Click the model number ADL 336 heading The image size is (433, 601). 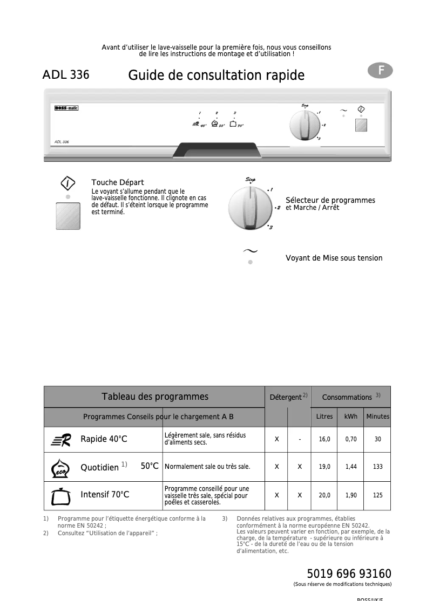click(66, 75)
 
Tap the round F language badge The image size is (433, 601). click(380, 70)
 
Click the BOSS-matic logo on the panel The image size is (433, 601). click(66, 108)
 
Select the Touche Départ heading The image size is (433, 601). click(118, 183)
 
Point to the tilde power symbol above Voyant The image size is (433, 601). click(250, 251)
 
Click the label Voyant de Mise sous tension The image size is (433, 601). click(334, 258)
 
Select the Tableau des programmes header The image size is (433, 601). click(155, 397)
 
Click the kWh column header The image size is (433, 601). click(351, 416)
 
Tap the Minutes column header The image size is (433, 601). click(377, 416)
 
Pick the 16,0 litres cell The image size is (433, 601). click(324, 440)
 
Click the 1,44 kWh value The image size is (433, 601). click(351, 467)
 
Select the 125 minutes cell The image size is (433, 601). click(377, 495)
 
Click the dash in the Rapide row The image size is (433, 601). click(300, 440)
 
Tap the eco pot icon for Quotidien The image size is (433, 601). click(60, 468)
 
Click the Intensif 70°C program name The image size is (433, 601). click(105, 495)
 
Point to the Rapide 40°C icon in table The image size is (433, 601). click(62, 440)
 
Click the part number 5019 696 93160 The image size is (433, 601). click(349, 573)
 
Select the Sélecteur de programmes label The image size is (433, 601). click(330, 201)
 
